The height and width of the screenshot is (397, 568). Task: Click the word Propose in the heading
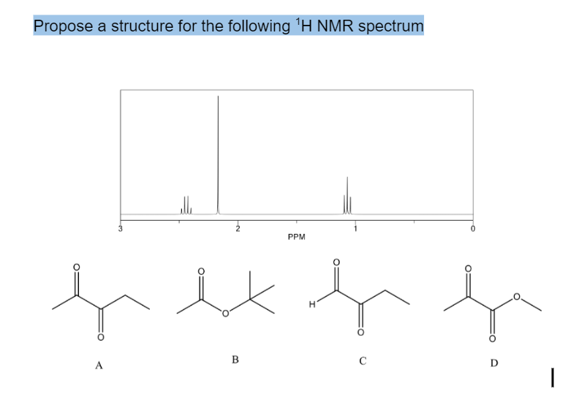tap(61, 26)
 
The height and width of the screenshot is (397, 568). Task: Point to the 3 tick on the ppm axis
tap(120, 228)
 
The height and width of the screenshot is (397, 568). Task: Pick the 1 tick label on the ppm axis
tap(355, 228)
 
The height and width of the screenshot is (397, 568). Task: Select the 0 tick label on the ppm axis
tap(473, 228)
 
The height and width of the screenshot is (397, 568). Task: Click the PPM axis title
tap(296, 237)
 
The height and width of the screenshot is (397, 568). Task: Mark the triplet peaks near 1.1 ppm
tap(347, 197)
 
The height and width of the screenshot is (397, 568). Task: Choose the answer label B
tap(235, 359)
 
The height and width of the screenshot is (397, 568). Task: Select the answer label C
tap(360, 360)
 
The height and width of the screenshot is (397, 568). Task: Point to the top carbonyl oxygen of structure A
tap(73, 266)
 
